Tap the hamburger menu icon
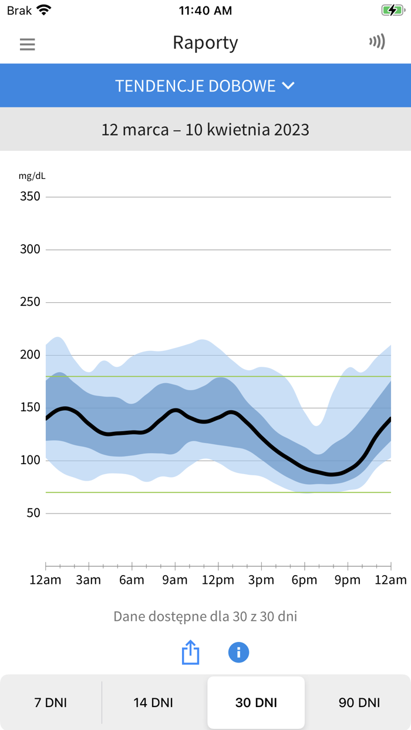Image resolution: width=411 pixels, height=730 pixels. (28, 44)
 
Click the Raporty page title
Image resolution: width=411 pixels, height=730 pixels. (205, 43)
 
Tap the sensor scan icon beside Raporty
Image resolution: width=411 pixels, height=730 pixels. (377, 42)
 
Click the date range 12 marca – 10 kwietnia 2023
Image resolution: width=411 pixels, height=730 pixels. (205, 129)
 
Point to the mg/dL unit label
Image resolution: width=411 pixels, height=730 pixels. (32, 175)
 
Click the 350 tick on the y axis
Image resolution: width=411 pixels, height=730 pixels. (30, 196)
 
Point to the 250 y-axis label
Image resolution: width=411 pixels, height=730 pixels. (30, 302)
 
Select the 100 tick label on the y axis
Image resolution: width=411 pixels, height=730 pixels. (30, 461)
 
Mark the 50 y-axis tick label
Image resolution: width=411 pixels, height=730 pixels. (33, 513)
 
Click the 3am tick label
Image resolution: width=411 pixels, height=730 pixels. (89, 580)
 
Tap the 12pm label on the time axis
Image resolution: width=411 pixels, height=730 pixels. (218, 580)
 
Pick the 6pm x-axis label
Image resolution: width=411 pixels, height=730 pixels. (304, 580)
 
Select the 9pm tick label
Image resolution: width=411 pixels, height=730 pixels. (347, 580)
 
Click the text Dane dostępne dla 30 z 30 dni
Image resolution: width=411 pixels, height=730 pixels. (205, 617)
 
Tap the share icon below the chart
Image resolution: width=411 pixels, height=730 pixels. (190, 653)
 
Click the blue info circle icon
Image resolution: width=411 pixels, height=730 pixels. (238, 653)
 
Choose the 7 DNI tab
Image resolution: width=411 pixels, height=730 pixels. (51, 702)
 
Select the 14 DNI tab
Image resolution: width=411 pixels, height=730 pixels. (153, 702)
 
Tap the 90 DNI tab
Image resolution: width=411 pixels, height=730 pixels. (359, 702)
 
